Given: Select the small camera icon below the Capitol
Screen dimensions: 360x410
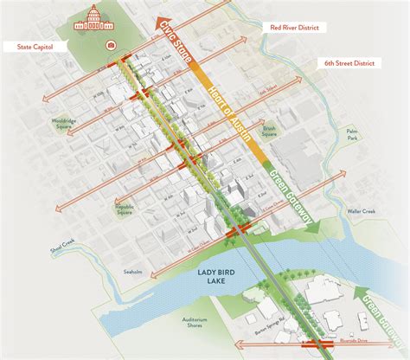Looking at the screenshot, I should click(110, 42).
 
